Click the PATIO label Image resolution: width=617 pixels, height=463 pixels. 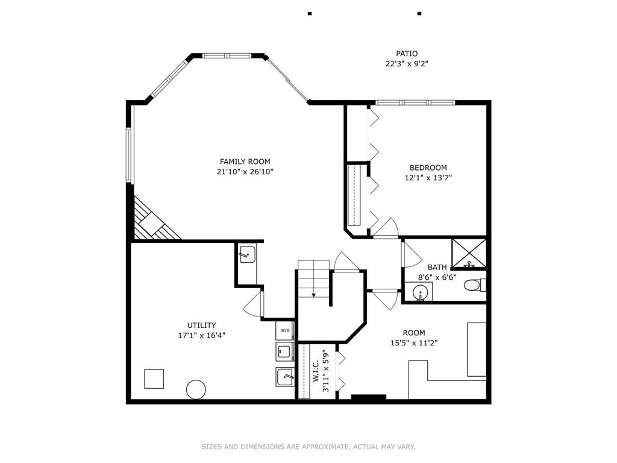(x=407, y=54)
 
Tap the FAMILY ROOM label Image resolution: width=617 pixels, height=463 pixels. (x=245, y=162)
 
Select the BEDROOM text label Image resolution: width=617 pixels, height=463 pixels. (x=428, y=168)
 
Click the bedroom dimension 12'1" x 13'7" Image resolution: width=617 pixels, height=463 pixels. (x=428, y=178)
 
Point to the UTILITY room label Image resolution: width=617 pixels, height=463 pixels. (x=201, y=325)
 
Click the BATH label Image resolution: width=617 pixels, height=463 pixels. (x=437, y=267)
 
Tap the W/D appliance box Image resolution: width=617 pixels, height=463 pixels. (x=285, y=330)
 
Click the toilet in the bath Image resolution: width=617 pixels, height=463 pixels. (x=477, y=285)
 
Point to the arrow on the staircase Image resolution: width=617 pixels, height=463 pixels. (x=313, y=294)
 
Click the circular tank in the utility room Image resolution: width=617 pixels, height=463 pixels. (x=196, y=389)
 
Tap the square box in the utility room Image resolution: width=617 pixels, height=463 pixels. (x=154, y=379)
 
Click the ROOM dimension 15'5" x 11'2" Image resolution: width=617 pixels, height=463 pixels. (x=413, y=343)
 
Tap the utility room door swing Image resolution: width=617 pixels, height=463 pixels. (x=253, y=301)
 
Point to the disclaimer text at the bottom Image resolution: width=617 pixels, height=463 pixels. (x=308, y=447)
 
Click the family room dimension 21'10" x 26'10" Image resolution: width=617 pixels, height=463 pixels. (x=245, y=172)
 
